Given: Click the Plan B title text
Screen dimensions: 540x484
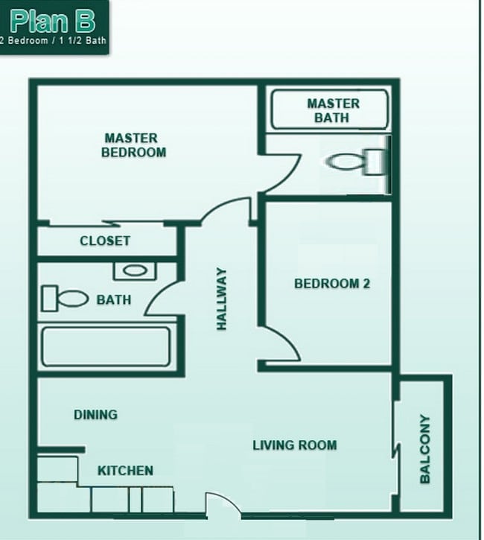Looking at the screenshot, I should [x=53, y=20].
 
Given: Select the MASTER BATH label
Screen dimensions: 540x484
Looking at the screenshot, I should [x=332, y=110].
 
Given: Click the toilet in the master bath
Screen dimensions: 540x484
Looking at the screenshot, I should [x=357, y=162].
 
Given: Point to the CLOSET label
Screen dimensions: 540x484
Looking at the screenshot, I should [x=105, y=241].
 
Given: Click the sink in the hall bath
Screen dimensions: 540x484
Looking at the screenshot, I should [x=135, y=270].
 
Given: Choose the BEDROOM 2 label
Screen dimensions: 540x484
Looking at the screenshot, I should [x=332, y=283].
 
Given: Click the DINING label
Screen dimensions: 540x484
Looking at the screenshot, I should [x=95, y=414].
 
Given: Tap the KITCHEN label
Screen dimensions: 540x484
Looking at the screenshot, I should [x=125, y=470].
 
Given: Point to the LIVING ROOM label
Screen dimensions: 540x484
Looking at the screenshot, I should [x=294, y=445].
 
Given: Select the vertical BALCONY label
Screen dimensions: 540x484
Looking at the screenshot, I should [x=425, y=449].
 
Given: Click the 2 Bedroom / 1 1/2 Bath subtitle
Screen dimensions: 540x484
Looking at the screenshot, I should [x=53, y=40].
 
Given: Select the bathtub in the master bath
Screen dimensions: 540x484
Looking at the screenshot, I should [x=328, y=110].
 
